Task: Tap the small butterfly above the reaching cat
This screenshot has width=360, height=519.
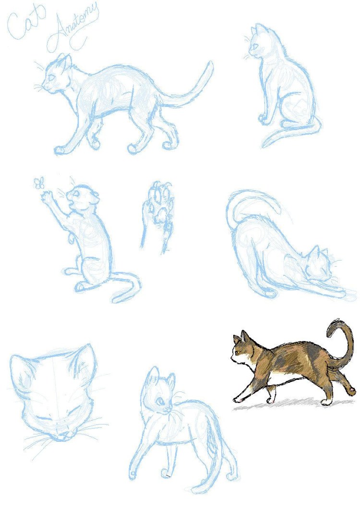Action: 40,182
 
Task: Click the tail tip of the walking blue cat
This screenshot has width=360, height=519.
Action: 209,65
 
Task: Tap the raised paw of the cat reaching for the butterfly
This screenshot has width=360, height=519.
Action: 47,195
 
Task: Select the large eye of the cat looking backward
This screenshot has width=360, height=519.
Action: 160,399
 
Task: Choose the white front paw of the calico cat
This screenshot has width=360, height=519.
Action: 237,399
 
